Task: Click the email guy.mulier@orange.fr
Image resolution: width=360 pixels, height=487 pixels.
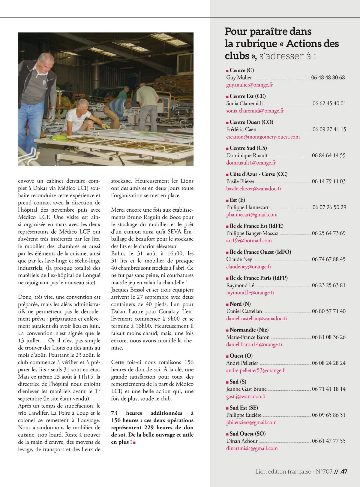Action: (249, 85)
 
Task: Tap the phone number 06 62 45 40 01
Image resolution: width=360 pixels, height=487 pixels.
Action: (329, 104)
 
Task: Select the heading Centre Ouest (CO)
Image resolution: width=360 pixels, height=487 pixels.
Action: (251, 122)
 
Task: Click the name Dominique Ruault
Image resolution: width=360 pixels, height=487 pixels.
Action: (247, 156)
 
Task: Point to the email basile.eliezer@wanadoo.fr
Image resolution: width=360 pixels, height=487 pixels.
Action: (254, 189)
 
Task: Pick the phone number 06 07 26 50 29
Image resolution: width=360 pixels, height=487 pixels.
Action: (329, 207)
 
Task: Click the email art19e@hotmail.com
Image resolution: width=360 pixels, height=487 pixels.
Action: (249, 240)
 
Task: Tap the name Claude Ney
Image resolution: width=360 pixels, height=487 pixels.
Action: (239, 259)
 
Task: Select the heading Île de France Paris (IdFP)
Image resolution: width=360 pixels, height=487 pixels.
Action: (259, 278)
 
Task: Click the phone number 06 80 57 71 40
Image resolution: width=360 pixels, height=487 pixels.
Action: (328, 311)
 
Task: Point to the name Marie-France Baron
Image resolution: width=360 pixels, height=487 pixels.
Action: (248, 337)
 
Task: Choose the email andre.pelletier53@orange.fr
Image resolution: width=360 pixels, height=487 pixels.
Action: (256, 371)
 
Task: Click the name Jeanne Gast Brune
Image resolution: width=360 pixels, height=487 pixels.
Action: (246, 389)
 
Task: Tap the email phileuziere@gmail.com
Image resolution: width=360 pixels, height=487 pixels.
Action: (251, 422)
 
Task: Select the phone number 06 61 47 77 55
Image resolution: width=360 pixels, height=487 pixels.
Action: (328, 441)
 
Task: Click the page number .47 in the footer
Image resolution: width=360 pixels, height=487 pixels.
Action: (343, 472)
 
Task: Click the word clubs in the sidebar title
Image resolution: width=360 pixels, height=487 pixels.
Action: (237, 56)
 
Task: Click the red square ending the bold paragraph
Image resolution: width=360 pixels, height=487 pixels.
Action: (134, 443)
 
